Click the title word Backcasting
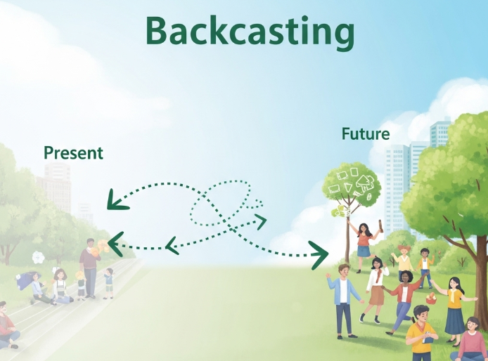click(250, 32)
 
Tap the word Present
click(73, 152)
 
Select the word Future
click(366, 133)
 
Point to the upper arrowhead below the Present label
click(117, 201)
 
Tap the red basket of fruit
click(431, 298)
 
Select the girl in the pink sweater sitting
click(470, 341)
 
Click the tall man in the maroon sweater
click(90, 268)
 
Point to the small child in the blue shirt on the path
click(108, 283)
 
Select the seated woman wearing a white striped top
click(61, 287)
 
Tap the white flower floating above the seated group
click(38, 258)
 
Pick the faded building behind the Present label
click(56, 187)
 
